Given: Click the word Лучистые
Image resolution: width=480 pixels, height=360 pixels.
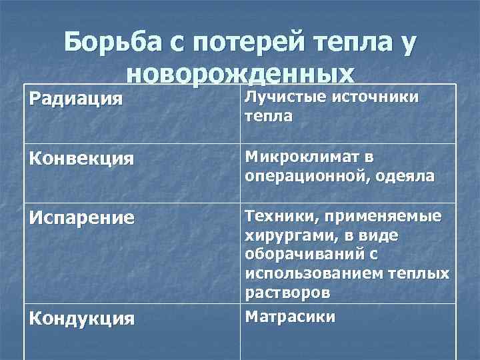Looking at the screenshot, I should [279, 97].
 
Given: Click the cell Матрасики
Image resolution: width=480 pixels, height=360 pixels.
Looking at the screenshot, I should [290, 315].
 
